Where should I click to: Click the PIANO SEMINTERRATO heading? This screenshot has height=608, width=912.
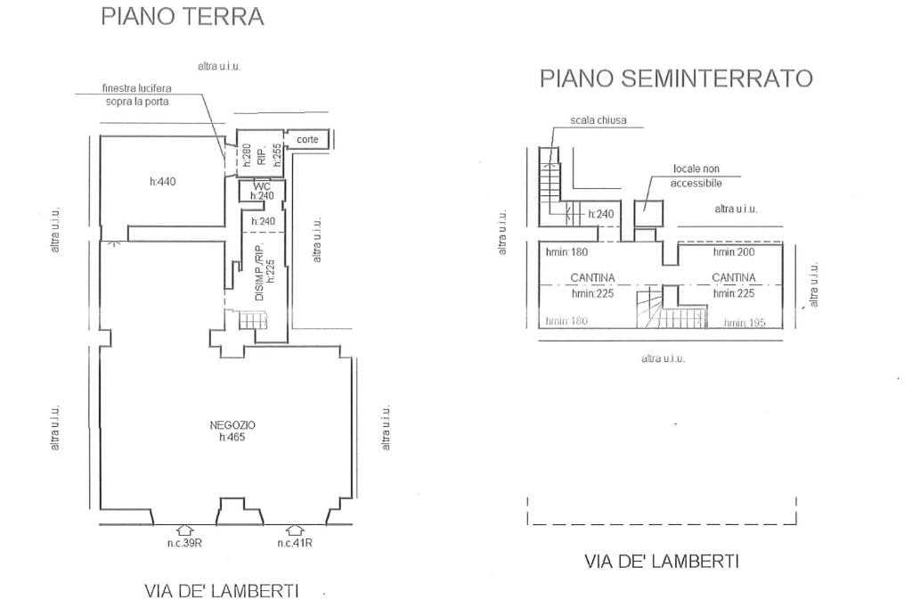coord(676,78)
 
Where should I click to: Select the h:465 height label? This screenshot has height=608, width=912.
coord(232,437)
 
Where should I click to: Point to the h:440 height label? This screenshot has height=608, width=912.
coord(163,182)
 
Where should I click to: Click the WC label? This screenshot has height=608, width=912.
coord(261,186)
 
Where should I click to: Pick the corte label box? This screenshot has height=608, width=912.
coord(307,140)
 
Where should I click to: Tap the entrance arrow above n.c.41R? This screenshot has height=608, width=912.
coord(295,530)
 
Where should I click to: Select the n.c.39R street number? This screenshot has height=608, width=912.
coord(185,543)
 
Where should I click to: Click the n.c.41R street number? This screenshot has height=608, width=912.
coord(295,543)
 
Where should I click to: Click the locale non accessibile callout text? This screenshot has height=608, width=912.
coord(696,176)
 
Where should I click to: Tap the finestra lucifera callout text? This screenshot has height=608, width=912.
coord(136,94)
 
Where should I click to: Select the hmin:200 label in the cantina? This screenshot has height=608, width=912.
coord(734,252)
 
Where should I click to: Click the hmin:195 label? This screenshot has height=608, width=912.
coord(745,323)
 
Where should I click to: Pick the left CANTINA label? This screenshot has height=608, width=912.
coord(592,278)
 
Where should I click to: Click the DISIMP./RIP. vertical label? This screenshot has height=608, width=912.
coord(260,272)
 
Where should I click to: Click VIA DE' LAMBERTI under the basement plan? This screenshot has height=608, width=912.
coord(662,562)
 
